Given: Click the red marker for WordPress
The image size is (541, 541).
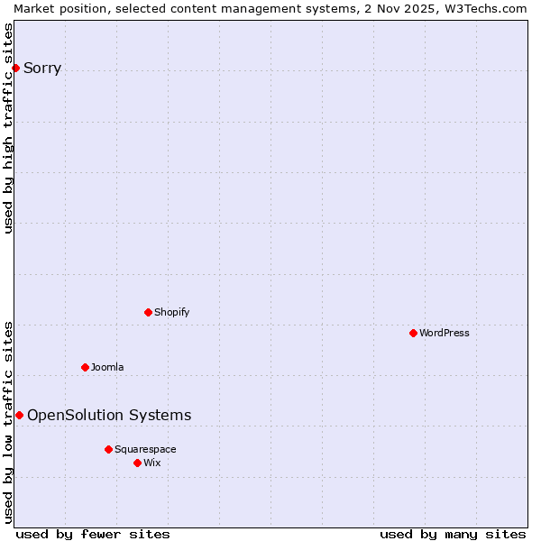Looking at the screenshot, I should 413,333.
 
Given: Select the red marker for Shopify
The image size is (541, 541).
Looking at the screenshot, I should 148,312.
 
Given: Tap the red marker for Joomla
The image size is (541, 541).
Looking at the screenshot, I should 85,367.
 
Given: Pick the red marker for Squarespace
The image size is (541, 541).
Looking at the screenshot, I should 108,449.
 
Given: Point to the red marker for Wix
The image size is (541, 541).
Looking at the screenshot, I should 137,463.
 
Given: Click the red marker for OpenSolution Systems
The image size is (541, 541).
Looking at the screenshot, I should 19,415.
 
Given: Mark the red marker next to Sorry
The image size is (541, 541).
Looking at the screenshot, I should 15,68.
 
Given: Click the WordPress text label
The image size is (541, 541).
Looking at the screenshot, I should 445,333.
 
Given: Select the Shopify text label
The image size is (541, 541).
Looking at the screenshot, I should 171,312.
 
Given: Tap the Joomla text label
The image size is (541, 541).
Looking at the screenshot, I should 107,367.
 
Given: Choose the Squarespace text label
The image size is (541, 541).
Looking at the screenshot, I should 145,449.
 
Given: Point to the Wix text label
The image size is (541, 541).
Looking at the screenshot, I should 152,463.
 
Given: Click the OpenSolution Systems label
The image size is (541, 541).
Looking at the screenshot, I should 109,415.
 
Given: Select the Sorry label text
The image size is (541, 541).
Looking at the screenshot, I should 42,68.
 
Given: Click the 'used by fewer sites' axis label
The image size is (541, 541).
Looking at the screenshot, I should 93,534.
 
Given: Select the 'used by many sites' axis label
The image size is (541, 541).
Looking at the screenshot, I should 453,534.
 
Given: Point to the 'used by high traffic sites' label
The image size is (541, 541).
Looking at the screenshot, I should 8,128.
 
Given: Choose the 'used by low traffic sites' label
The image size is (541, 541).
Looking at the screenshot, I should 8,422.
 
